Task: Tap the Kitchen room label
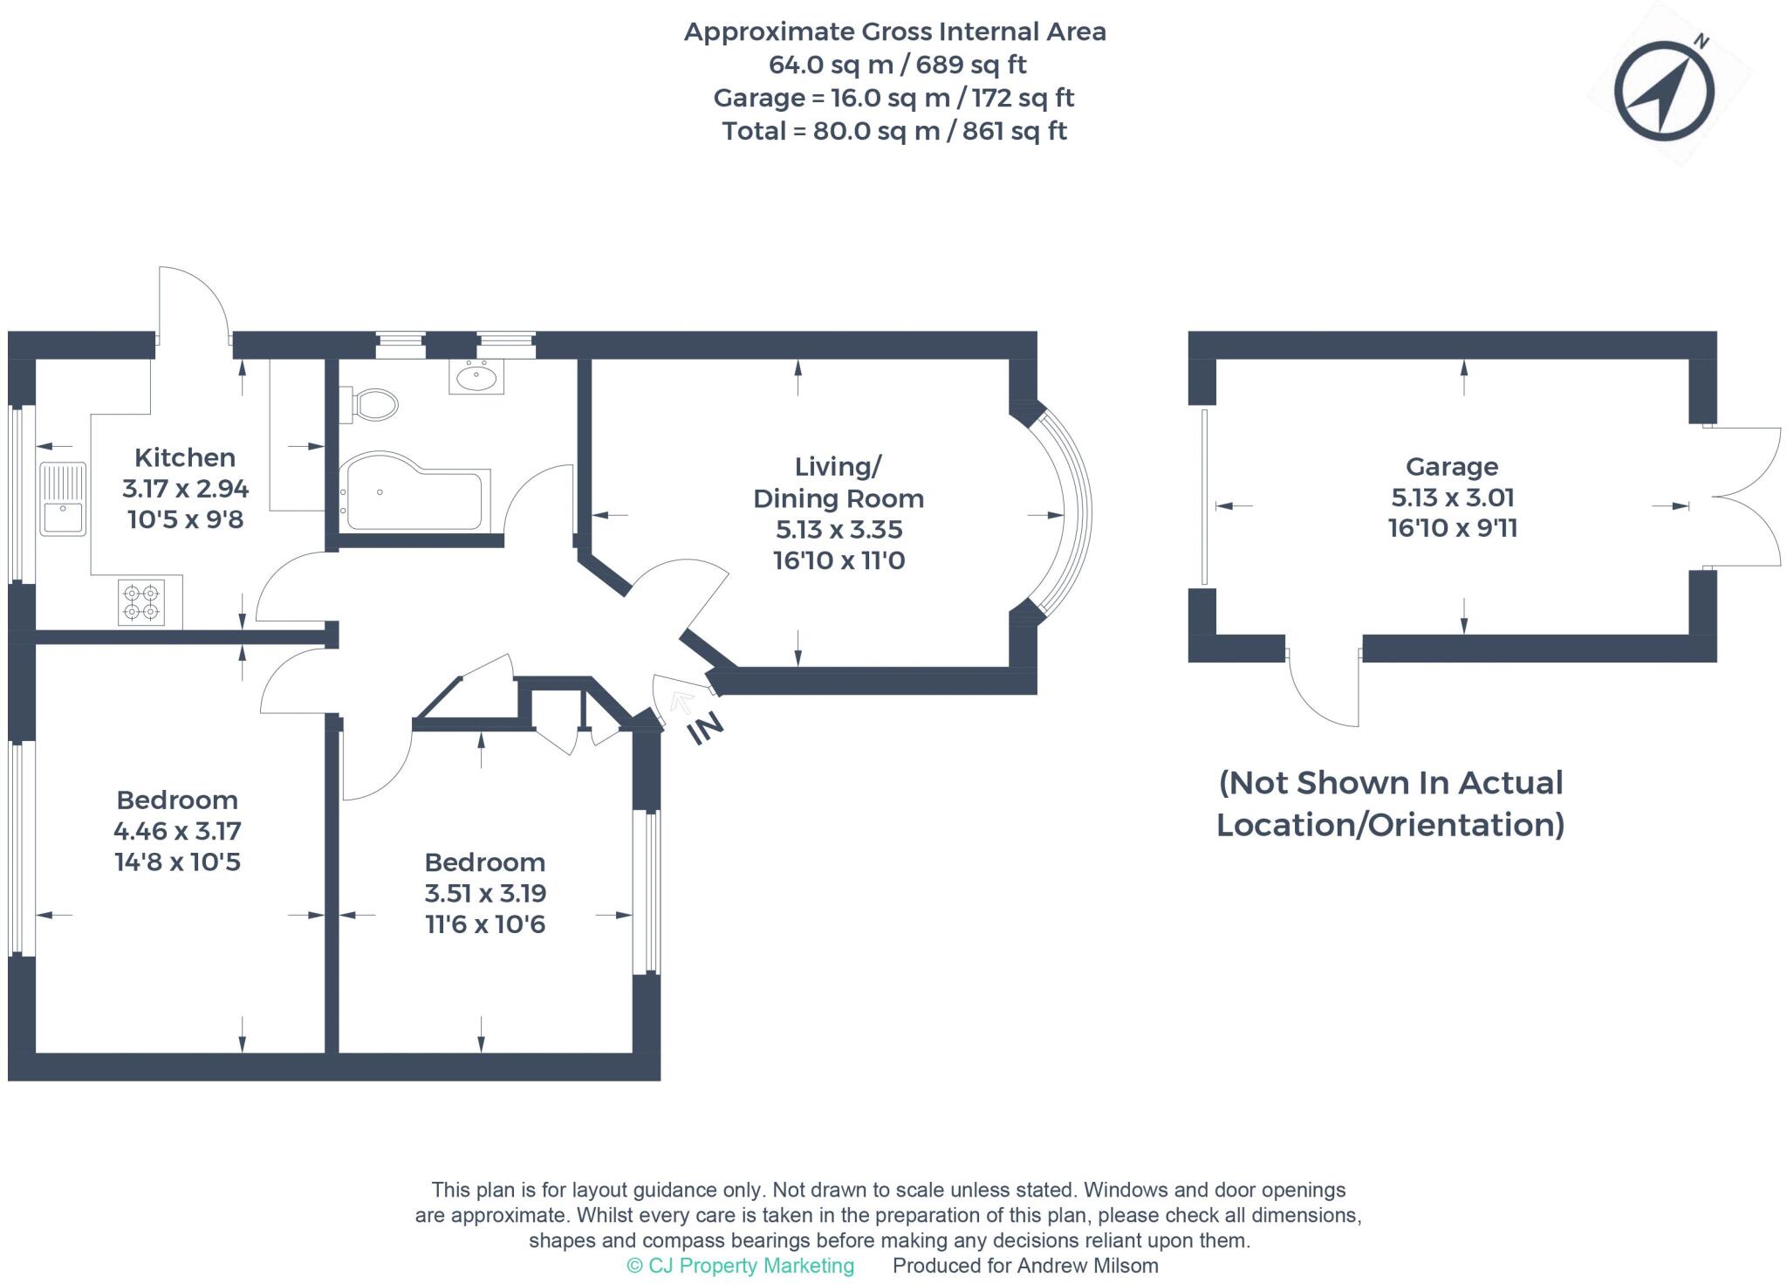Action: click(x=185, y=457)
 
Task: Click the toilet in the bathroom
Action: click(x=375, y=404)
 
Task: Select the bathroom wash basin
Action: click(x=476, y=377)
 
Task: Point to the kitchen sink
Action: click(x=63, y=498)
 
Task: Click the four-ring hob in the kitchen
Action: click(x=141, y=602)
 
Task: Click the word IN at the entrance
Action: click(x=706, y=727)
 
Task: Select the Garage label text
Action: click(x=1451, y=467)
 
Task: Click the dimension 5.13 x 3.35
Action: click(x=839, y=530)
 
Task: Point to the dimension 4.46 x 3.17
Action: click(x=177, y=831)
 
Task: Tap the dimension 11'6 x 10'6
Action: click(x=485, y=924)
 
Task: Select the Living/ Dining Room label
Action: click(x=839, y=483)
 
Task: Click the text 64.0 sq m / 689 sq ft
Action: click(x=896, y=65)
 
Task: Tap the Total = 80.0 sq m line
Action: click(x=894, y=131)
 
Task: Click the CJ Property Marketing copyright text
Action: click(x=741, y=1266)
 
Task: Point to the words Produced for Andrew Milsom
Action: click(x=1025, y=1266)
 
